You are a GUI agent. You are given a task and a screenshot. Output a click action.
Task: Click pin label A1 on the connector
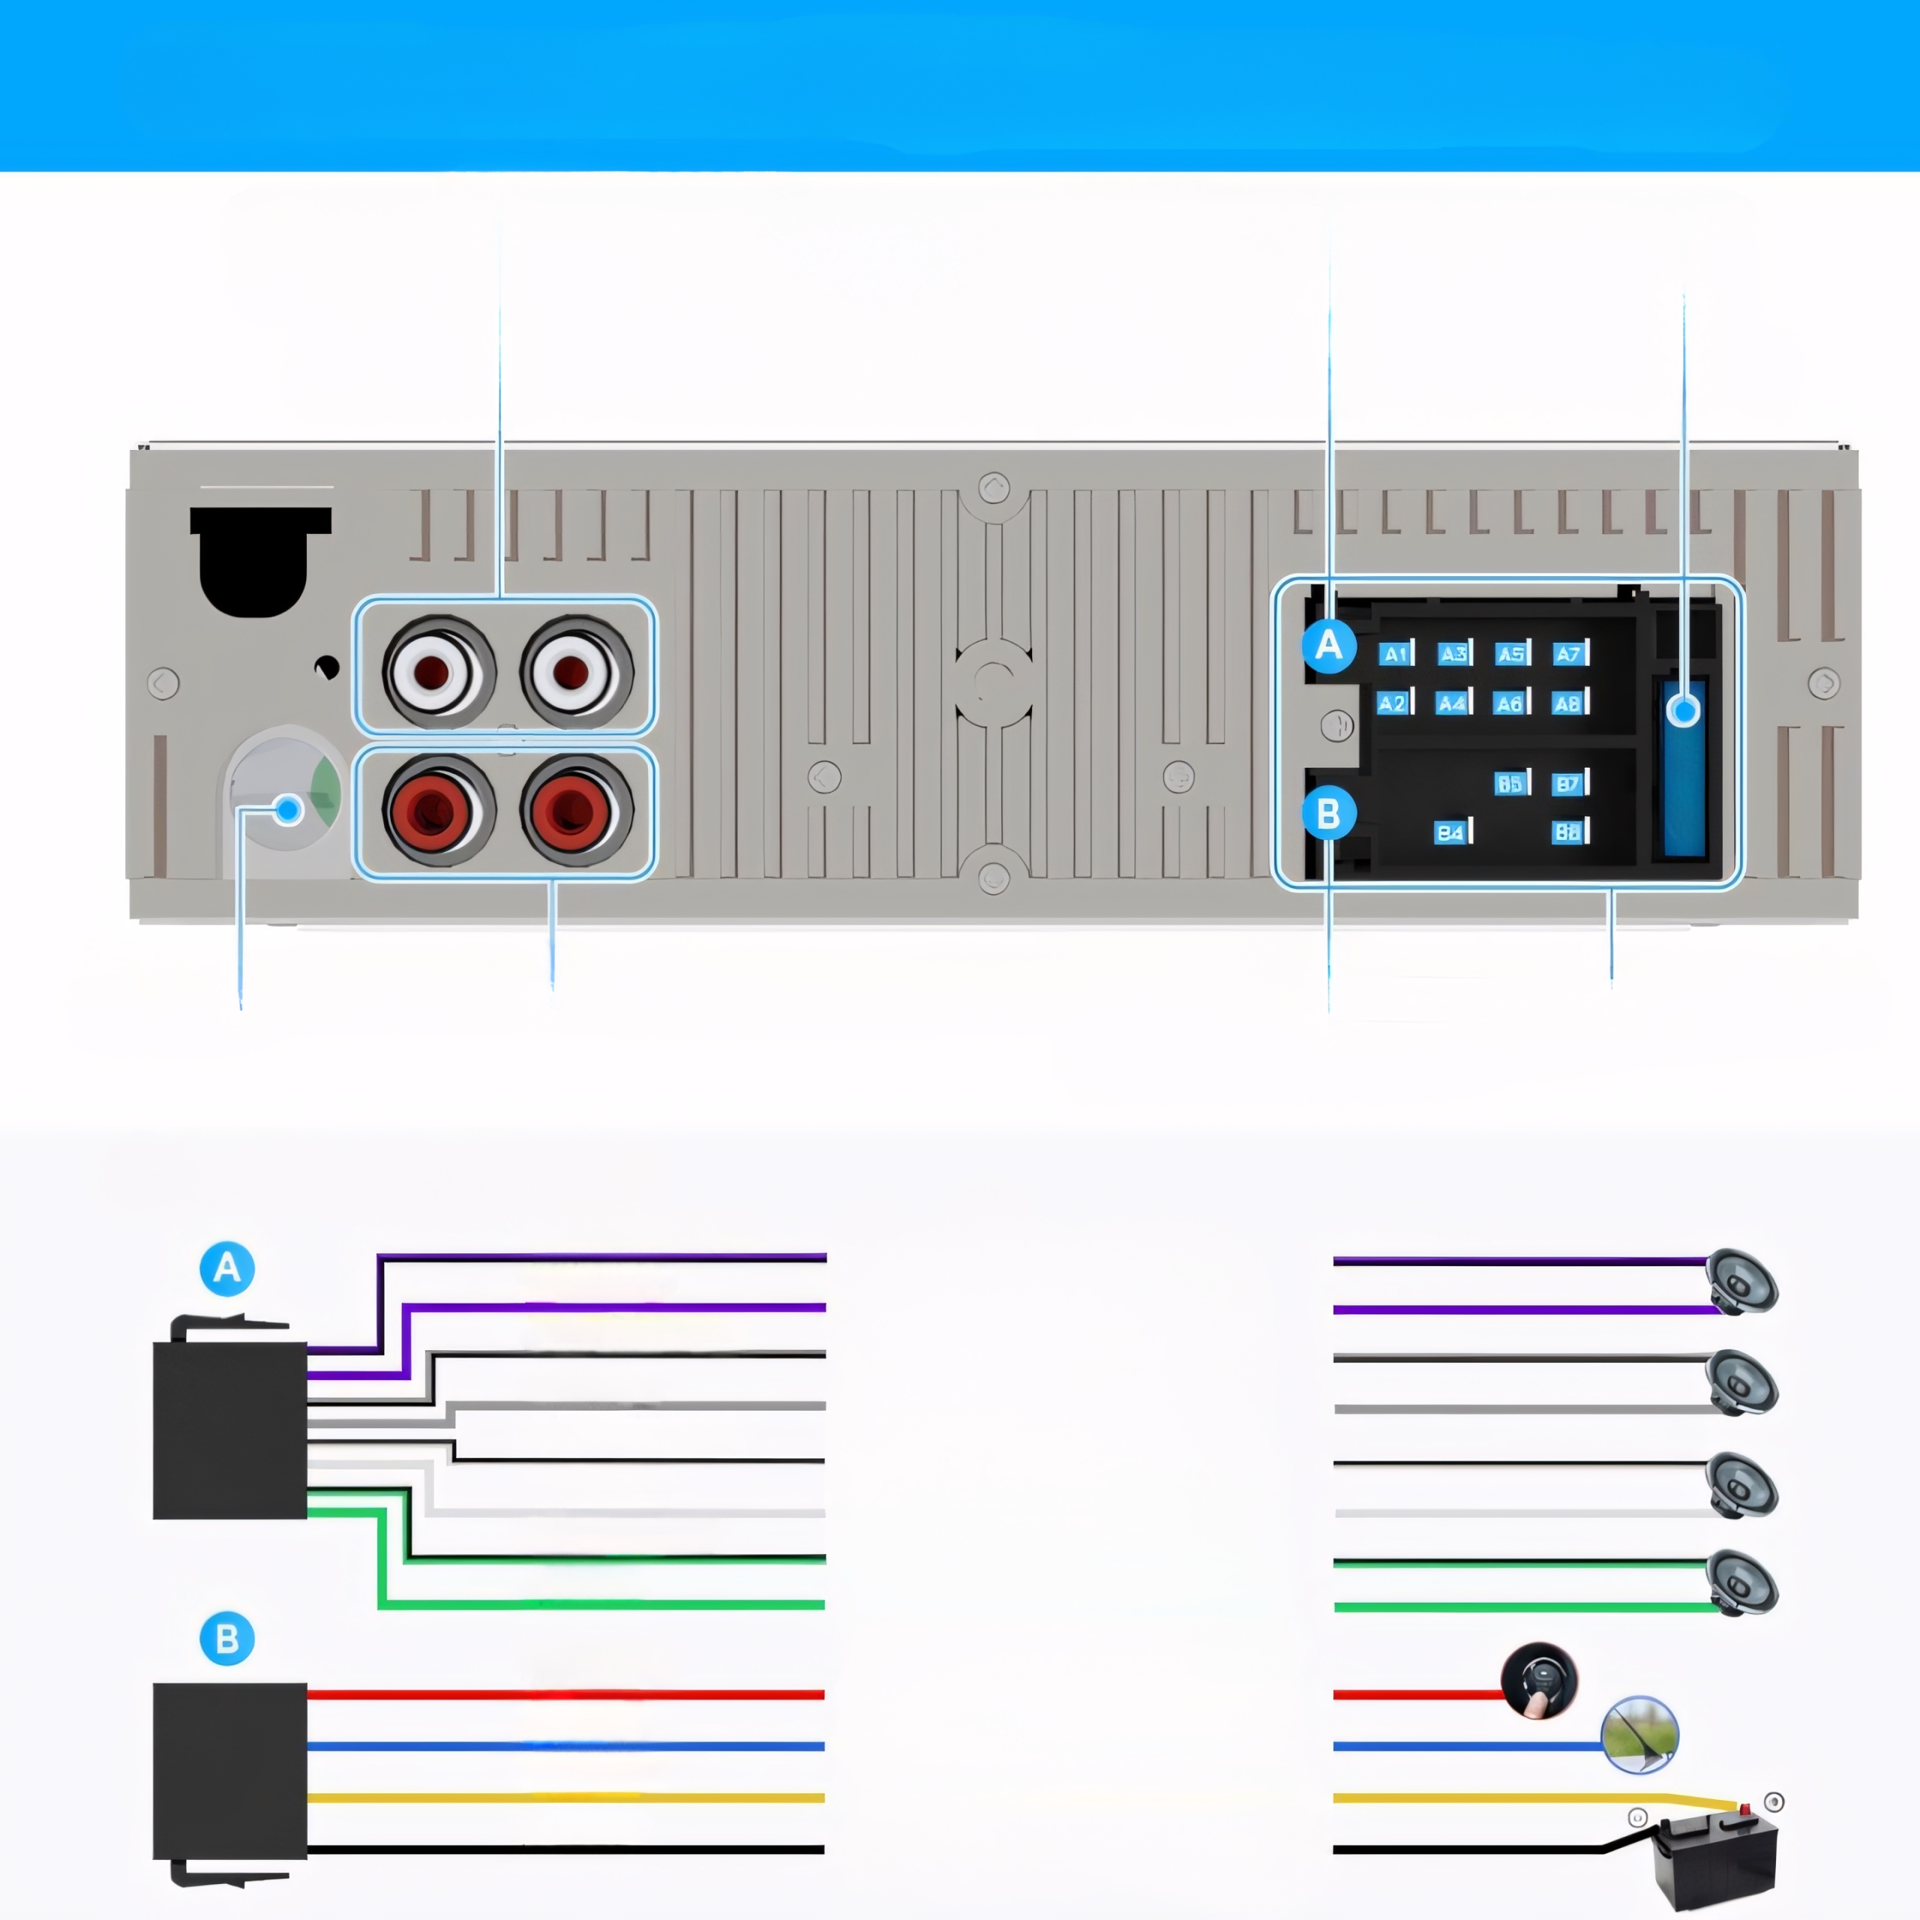[1395, 654]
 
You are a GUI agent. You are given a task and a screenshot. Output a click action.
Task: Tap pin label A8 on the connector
[1568, 703]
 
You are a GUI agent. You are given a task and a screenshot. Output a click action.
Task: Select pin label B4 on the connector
[1451, 832]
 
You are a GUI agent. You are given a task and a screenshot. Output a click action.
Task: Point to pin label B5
[1510, 783]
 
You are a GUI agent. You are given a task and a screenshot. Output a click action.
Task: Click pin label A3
[1453, 654]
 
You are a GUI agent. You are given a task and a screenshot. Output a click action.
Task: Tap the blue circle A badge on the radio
[1329, 646]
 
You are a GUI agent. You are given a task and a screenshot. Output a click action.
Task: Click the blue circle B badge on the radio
[1329, 814]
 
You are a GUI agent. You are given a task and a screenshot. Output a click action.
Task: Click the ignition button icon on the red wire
[1538, 1679]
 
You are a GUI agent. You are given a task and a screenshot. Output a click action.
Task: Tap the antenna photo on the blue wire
[1639, 1734]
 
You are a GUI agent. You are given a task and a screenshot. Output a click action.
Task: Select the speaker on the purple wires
[1741, 1282]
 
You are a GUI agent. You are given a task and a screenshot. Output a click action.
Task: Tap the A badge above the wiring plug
[226, 1268]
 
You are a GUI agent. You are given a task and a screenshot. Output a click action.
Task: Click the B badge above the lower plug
[226, 1639]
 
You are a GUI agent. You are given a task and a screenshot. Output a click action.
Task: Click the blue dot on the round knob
[288, 810]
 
